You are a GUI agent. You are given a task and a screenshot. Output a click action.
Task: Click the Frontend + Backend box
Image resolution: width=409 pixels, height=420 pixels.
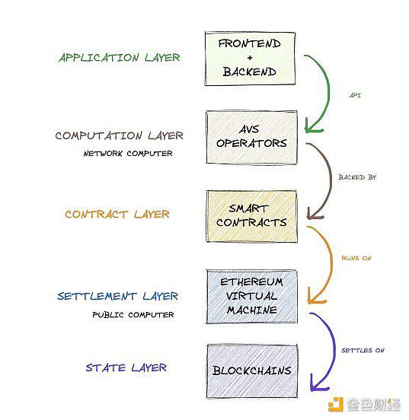[x=250, y=59]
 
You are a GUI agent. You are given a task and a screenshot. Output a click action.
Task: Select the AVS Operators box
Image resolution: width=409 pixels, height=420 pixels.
[x=251, y=137]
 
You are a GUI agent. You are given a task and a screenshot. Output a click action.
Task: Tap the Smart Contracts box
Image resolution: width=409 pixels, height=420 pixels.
[x=251, y=216]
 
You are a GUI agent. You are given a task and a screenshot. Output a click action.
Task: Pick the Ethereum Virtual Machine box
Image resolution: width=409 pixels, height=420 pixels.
[x=251, y=297]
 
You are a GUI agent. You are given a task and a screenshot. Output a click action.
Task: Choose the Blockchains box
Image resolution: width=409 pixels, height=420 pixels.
[x=252, y=371]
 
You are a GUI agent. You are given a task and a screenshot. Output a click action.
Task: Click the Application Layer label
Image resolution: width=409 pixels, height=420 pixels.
[x=120, y=57]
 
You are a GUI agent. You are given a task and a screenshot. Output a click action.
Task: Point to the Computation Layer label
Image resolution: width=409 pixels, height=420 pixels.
[x=119, y=135]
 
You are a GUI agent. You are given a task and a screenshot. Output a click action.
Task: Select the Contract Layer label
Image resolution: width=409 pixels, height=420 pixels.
[x=117, y=214]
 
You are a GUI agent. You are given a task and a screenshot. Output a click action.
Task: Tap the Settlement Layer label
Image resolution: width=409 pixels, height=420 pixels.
[x=117, y=296]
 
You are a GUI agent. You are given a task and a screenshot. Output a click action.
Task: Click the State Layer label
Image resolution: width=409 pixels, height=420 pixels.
[x=126, y=367]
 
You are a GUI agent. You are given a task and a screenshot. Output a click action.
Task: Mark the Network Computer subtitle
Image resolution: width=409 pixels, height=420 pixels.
[x=128, y=154]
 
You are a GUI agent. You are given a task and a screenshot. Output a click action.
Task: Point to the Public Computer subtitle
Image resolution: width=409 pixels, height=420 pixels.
[x=133, y=314]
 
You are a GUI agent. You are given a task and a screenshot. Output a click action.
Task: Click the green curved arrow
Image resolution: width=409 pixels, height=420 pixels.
[x=329, y=91]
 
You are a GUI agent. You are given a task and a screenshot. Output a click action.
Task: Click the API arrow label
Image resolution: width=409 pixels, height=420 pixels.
[x=355, y=95]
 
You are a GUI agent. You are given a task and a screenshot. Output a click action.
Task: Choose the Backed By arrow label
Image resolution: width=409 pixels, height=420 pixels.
[x=357, y=177]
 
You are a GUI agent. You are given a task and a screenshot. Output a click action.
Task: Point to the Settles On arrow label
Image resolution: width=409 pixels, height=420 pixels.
[x=363, y=350]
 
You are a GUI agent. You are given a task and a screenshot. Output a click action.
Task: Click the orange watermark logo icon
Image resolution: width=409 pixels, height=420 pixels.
[x=336, y=404]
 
